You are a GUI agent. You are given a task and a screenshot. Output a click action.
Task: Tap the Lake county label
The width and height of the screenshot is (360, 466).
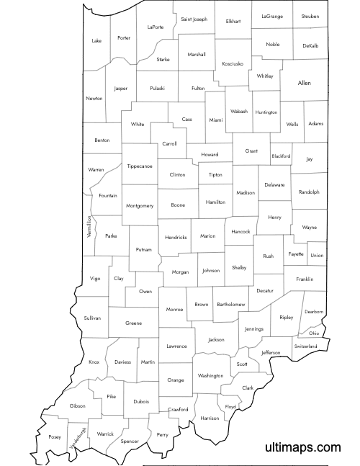point(96,40)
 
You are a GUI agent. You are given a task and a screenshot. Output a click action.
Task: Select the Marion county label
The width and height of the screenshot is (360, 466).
point(207,236)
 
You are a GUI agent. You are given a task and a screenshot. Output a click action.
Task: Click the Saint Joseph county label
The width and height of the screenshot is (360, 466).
point(194,19)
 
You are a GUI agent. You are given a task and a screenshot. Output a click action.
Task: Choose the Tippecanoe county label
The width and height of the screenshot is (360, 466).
point(140,166)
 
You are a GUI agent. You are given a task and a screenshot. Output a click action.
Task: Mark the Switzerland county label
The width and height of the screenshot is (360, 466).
point(305,346)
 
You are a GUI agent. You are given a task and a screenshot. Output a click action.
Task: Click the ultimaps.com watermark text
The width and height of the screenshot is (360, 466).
point(302,448)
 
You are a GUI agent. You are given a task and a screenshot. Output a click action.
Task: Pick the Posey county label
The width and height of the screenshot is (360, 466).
point(55,436)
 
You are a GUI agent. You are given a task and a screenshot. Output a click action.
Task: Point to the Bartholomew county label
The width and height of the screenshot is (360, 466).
point(231,305)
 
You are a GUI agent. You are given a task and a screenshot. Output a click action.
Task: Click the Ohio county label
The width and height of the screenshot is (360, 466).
point(314,333)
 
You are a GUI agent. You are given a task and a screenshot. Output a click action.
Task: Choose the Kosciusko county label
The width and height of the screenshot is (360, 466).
point(233,63)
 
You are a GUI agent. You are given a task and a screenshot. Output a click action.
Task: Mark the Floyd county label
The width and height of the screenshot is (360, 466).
point(230,407)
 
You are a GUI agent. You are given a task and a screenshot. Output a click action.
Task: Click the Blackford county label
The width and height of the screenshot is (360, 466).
point(281,156)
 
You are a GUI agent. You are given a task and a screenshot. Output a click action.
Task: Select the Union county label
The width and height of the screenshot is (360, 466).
point(317,255)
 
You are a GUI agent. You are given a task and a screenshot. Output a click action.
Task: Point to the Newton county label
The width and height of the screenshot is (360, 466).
point(94,98)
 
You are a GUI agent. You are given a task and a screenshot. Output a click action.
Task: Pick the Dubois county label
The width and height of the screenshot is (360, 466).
point(141,401)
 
